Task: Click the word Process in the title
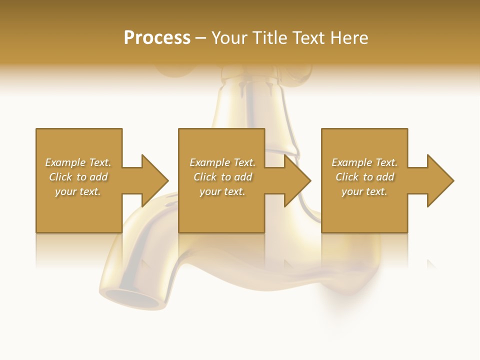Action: (x=157, y=38)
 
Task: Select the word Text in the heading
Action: (x=307, y=38)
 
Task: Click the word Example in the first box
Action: (x=65, y=162)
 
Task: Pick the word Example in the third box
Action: (x=352, y=162)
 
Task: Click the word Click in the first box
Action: (x=60, y=177)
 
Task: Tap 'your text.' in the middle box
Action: (x=222, y=191)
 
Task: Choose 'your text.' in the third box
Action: (x=364, y=191)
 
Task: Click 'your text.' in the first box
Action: (x=78, y=191)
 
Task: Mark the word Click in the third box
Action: (x=347, y=177)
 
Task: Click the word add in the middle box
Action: (x=243, y=177)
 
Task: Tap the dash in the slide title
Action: (x=200, y=38)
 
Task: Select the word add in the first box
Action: (x=98, y=177)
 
